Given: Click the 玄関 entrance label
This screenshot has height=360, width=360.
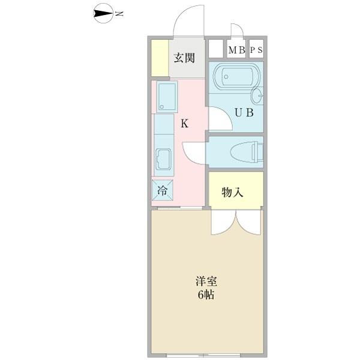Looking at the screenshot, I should click(184, 58).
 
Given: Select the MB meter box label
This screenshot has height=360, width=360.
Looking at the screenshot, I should click(236, 50).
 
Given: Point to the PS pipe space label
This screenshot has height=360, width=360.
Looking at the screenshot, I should click(256, 50).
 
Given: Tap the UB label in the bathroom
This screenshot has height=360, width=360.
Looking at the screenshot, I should click(243, 112).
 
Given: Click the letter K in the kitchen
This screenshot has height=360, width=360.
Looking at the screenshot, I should click(185, 124).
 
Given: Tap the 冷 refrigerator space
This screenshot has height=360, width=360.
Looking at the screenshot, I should click(162, 191).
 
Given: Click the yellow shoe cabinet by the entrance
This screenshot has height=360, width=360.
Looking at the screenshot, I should click(159, 58).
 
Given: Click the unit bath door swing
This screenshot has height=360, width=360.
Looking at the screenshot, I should click(217, 119).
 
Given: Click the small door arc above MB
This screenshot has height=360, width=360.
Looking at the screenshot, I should click(236, 31).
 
